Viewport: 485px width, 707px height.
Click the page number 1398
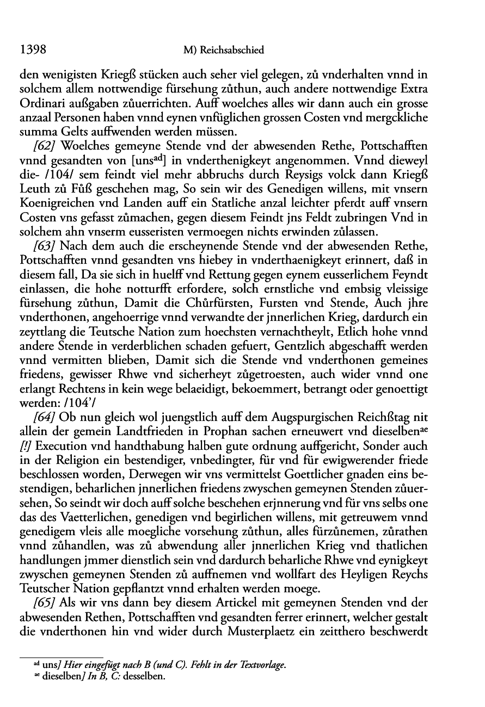31,50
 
